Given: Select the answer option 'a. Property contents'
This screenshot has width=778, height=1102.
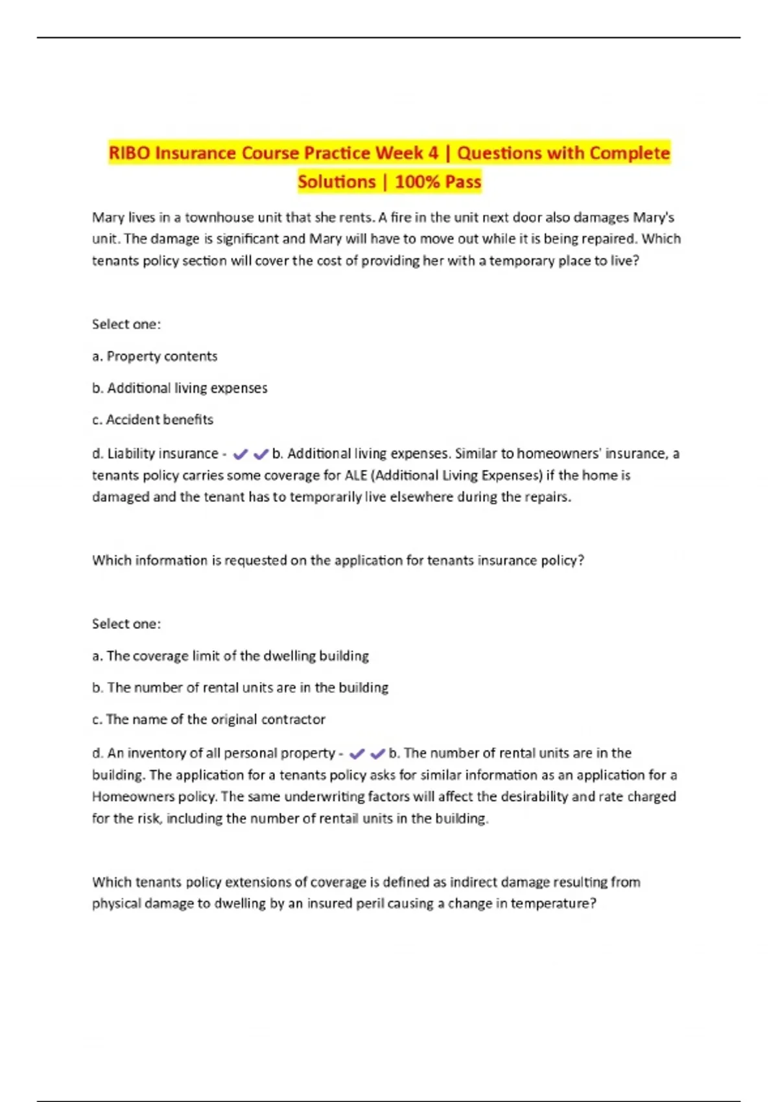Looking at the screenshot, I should pos(154,356).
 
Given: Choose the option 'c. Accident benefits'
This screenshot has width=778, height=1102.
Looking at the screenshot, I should pos(152,419).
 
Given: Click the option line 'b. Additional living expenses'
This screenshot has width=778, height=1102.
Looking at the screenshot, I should pos(180,388).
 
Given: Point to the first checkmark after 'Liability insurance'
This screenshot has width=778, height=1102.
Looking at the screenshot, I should pos(240,454).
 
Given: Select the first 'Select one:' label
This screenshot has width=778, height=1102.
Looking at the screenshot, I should pos(126,324).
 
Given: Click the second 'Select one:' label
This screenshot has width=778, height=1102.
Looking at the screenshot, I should pos(126,624).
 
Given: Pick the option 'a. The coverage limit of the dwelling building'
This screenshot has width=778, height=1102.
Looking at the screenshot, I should pos(230,655).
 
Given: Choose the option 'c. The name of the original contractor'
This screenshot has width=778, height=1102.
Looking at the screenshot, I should pos(209,719).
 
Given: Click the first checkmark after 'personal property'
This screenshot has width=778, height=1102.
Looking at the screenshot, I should pos(357,754).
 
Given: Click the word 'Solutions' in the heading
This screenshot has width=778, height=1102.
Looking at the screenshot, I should pos(336,182).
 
